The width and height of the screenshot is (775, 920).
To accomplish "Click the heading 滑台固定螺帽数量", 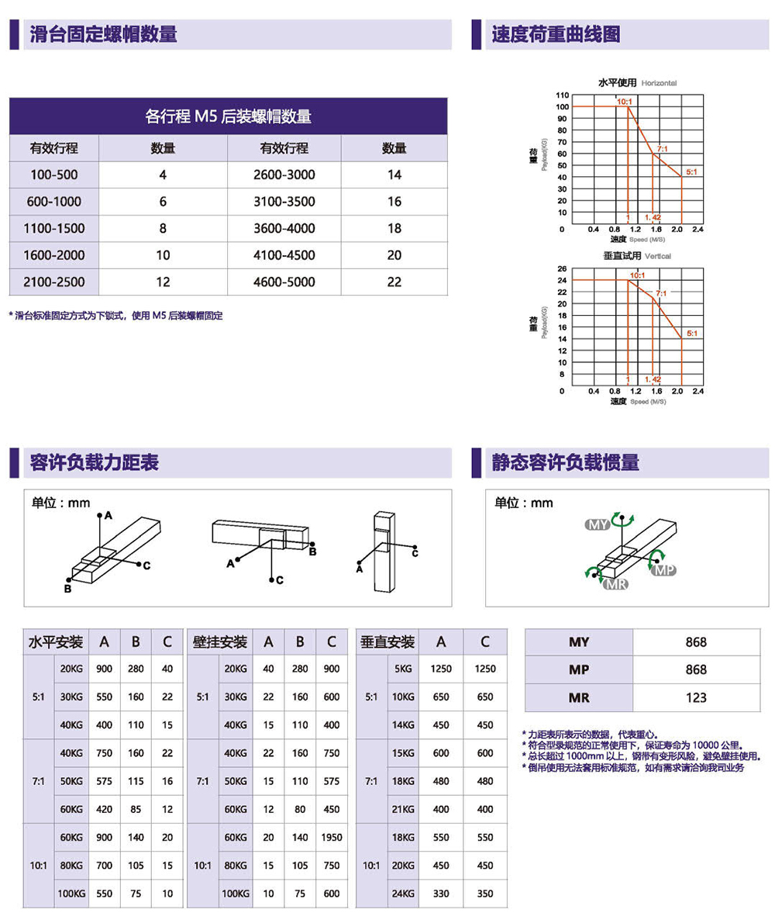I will coord(103,34).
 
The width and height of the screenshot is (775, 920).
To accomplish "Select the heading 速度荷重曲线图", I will coord(556,34).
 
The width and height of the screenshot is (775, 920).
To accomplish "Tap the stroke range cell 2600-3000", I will coord(284,175).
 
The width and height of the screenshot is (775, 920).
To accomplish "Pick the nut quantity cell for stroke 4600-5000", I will coord(394,282).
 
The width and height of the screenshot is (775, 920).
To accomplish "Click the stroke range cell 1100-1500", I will coord(54,229).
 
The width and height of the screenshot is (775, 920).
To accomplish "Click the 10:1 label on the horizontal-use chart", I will coord(625,102).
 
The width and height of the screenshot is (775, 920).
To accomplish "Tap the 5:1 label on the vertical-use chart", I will coord(691,334).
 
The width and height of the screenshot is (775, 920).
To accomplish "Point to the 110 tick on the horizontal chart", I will coord(562,95).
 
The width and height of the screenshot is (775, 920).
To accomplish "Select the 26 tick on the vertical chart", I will coord(562,268).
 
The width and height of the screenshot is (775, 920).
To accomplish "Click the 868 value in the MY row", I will coord(696,642).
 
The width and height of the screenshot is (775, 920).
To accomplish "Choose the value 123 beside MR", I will coord(696,698).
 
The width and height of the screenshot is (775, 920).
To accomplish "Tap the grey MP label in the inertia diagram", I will coord(664,571).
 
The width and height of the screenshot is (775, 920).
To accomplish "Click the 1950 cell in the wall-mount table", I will coord(332,838).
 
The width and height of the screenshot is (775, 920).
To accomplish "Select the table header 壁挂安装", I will coord(220,642).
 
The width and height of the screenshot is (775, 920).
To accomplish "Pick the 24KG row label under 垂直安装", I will coord(402,894).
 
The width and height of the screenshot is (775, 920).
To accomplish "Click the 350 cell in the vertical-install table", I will coord(484,894).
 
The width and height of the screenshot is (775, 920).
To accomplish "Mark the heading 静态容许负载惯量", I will coord(565,463).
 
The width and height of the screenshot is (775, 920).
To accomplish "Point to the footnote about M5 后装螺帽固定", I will coord(116,316).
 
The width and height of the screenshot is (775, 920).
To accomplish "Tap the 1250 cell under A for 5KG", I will coord(441,669).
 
